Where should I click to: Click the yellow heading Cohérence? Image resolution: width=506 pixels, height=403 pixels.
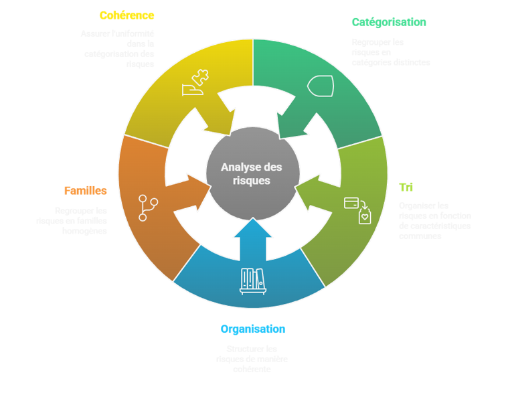[x=126, y=15]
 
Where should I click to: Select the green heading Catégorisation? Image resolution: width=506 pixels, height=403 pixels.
[x=388, y=22]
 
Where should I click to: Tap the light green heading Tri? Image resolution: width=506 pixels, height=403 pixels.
[x=406, y=187]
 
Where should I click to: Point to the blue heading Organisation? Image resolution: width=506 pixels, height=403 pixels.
[x=252, y=329]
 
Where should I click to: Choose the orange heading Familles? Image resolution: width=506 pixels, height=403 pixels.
[x=85, y=191]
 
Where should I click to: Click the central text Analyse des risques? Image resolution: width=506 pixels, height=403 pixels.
[x=252, y=173]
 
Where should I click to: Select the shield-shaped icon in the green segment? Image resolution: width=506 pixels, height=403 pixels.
[x=319, y=86]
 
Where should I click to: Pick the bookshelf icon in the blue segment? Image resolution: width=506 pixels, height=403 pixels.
[x=252, y=281]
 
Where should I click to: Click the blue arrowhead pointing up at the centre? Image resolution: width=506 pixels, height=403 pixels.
[x=252, y=231]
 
